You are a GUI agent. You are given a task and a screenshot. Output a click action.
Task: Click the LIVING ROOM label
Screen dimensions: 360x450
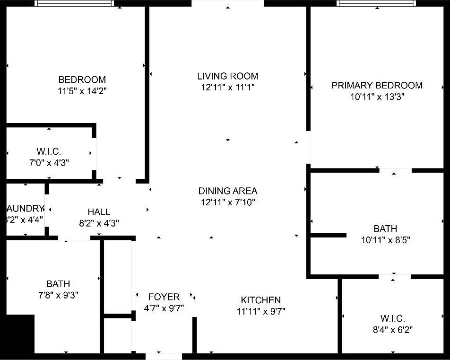tap(227, 76)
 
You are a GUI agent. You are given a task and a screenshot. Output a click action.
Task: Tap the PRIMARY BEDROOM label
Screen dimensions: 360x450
tap(377, 85)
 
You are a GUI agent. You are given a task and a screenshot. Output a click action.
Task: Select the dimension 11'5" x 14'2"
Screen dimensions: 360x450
tap(82, 91)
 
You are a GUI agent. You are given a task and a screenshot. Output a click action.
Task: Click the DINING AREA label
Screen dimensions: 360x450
tap(227, 191)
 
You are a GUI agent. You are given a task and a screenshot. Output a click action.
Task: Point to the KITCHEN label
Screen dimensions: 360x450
tap(260, 300)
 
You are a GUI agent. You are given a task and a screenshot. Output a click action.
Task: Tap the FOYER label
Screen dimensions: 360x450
tap(164, 297)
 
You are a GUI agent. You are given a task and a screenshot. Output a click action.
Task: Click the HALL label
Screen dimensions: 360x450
tap(99, 212)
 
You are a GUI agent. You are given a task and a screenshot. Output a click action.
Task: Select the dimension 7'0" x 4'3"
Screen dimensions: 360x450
tap(49, 163)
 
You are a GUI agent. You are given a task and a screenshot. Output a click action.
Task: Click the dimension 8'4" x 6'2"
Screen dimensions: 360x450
tap(392, 330)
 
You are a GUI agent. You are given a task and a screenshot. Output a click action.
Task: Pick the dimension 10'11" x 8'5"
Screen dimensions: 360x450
tap(385, 240)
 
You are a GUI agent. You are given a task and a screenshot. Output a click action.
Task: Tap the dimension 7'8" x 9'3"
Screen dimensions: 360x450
tap(58, 295)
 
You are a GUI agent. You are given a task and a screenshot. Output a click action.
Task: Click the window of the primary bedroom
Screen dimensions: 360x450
tap(376, 3)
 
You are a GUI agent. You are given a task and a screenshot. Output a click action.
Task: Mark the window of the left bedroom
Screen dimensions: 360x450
tap(75, 3)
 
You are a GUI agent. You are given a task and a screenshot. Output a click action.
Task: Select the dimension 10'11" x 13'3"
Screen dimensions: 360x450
tap(377, 97)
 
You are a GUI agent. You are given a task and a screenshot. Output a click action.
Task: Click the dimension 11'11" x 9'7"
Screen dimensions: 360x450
tap(260, 311)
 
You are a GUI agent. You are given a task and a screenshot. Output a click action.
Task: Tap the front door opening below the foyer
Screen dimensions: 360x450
tap(164, 356)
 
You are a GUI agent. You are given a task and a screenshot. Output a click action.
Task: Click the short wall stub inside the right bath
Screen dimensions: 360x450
tap(328, 235)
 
